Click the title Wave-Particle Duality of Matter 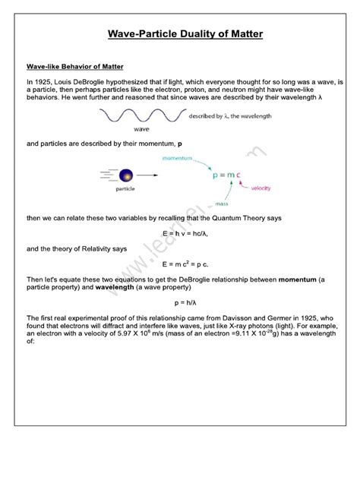[x=180, y=34]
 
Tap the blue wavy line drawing [x=141, y=115]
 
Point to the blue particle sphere [x=125, y=174]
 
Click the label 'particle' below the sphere [x=125, y=189]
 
